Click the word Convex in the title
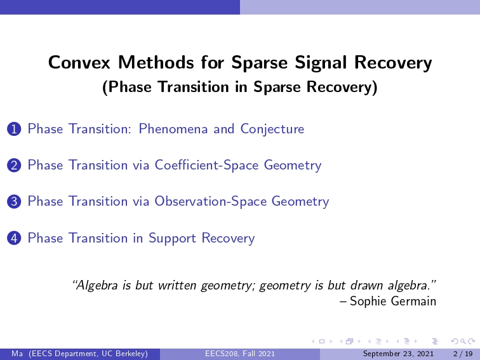pyautogui.click(x=79, y=62)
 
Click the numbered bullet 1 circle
pyautogui.click(x=14, y=129)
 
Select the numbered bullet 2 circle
pyautogui.click(x=14, y=165)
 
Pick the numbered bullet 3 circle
pyautogui.click(x=14, y=202)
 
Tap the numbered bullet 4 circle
pyautogui.click(x=14, y=238)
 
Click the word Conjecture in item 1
pyautogui.click(x=272, y=130)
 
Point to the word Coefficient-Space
pyautogui.click(x=206, y=165)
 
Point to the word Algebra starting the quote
pyautogui.click(x=95, y=286)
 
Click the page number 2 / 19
pyautogui.click(x=463, y=354)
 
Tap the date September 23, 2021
pyautogui.click(x=398, y=354)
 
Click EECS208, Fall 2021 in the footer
pyautogui.click(x=240, y=354)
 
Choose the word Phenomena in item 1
pyautogui.click(x=173, y=129)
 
